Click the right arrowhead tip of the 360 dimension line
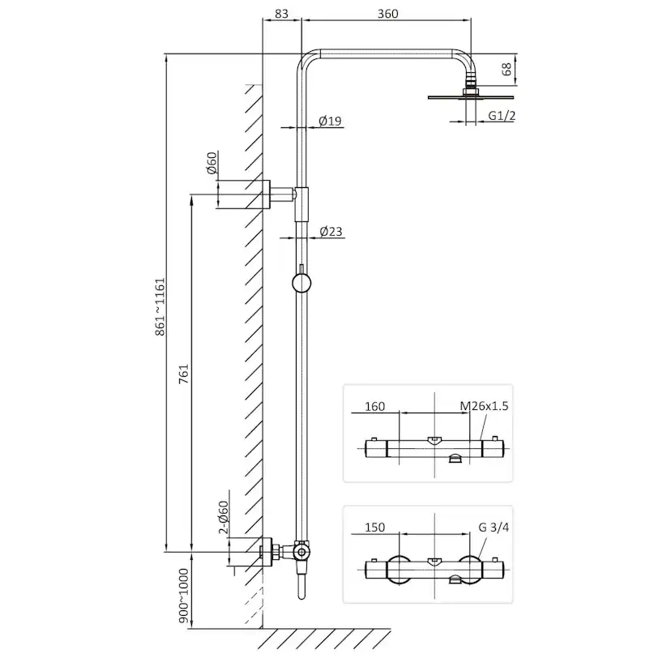coord(471,19)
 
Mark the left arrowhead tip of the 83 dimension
coord(263,19)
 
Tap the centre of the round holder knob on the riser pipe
coord(301,283)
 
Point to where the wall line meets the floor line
coord(263,629)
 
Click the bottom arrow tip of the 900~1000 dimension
coord(191,628)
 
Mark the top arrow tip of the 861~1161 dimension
coord(166,54)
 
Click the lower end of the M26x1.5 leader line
coord(481,440)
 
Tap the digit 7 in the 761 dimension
coord(183,380)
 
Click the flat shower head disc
coord(470,97)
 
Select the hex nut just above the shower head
coord(471,91)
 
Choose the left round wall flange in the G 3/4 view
coord(399,570)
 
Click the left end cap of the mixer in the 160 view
coord(376,448)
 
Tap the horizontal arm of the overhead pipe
coord(385,54)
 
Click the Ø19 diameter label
coord(331,121)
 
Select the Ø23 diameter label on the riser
coord(331,232)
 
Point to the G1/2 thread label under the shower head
coord(502,116)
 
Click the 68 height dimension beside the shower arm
coord(506,69)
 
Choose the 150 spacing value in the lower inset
coord(375,528)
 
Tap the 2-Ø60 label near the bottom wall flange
coord(224,517)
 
